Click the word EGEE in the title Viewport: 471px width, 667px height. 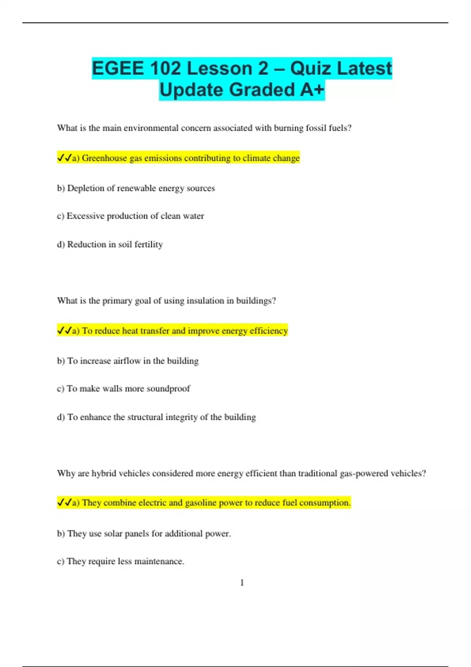[x=118, y=69]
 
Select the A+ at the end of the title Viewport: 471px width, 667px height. [x=312, y=90]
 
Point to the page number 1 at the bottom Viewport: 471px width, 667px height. [x=242, y=583]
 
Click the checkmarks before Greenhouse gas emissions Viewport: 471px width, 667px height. [x=64, y=158]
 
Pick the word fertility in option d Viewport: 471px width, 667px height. [x=148, y=244]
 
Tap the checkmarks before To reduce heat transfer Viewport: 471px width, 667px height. [x=64, y=330]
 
